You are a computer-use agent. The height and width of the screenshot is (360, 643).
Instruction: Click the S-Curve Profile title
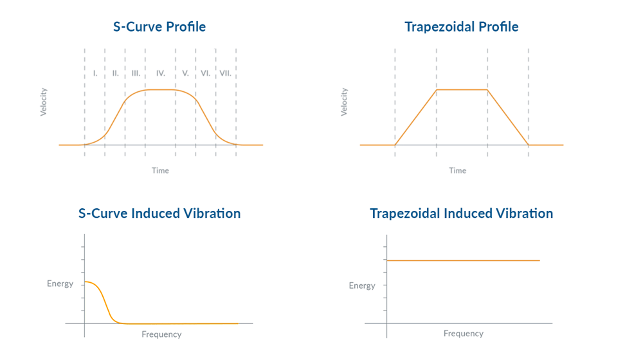point(159,27)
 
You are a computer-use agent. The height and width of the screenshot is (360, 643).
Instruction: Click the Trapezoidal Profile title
point(461,27)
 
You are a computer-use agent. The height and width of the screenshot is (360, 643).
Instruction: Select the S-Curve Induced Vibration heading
point(159,213)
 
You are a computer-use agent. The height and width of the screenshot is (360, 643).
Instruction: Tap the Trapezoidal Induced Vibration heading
point(461,213)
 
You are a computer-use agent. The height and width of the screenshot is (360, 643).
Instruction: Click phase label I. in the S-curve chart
point(95,73)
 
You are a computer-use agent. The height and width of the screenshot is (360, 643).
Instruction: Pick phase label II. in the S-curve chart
point(115,73)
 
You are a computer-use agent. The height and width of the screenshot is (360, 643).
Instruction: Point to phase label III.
point(136,73)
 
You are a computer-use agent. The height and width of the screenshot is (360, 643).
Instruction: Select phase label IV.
point(160,73)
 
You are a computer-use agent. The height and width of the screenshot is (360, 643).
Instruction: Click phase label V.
point(185,73)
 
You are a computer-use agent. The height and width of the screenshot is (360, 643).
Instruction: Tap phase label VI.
point(205,73)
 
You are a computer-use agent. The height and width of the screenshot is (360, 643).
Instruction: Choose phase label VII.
point(225,73)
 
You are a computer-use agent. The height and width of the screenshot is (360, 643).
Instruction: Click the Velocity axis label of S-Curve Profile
point(44,102)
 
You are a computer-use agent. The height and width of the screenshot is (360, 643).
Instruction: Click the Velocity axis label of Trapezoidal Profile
point(344,102)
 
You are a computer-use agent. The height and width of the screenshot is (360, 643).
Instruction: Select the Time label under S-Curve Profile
point(160,170)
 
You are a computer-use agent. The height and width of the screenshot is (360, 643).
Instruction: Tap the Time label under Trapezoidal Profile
point(457,170)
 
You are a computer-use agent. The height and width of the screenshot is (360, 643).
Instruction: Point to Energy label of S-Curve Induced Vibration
point(60,283)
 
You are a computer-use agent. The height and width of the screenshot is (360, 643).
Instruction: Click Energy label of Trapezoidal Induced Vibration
point(362,285)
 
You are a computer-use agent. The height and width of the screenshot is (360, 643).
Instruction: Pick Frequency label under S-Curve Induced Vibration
point(161,334)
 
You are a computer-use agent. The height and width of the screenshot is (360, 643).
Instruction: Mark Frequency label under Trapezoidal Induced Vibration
point(463,334)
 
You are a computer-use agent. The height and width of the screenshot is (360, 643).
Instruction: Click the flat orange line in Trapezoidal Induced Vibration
point(463,260)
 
